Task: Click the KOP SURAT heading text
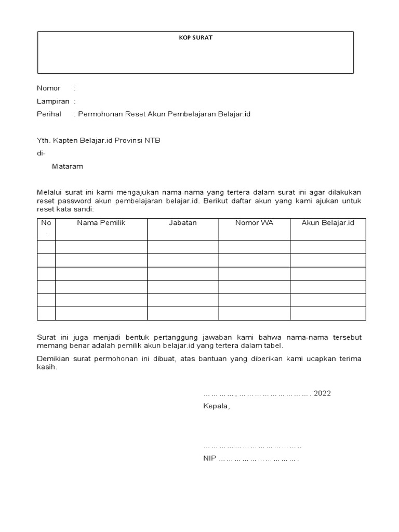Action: click(x=195, y=38)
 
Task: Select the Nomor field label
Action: click(x=48, y=88)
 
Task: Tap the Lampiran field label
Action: click(x=52, y=101)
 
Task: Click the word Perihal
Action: click(x=49, y=114)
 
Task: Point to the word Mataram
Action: click(x=67, y=167)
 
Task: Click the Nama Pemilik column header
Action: click(x=101, y=223)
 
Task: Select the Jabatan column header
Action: click(x=182, y=223)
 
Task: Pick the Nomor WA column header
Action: click(x=254, y=223)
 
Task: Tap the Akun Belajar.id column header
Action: click(x=328, y=223)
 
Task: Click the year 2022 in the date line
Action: click(x=322, y=393)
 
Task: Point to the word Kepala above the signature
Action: click(x=216, y=406)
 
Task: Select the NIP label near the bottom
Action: click(x=210, y=459)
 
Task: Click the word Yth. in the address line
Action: click(x=44, y=141)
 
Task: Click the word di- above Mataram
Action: click(x=41, y=154)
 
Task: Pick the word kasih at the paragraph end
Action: click(x=47, y=367)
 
